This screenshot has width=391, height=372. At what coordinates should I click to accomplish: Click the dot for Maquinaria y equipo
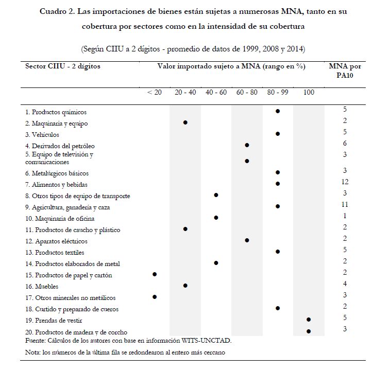tap(185, 122)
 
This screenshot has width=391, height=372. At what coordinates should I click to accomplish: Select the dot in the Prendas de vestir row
tap(309, 320)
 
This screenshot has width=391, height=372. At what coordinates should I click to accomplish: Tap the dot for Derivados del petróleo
tap(247, 146)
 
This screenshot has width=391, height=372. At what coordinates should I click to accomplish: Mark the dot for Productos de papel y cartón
tap(154, 275)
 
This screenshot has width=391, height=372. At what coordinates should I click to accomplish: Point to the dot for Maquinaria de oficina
tap(216, 218)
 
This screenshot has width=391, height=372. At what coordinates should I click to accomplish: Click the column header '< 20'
tap(154, 92)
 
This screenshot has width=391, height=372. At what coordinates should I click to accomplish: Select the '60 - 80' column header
tap(247, 92)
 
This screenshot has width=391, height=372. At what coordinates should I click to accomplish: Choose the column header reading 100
tap(309, 92)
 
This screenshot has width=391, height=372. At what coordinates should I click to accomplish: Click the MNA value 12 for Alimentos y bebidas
tap(345, 182)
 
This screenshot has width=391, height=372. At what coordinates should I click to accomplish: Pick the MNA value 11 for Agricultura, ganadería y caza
tap(345, 204)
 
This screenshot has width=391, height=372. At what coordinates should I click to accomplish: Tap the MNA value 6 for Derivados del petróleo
tap(345, 144)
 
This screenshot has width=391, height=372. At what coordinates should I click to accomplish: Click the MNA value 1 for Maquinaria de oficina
tap(345, 216)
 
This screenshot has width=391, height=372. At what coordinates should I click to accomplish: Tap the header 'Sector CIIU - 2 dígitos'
tap(63, 66)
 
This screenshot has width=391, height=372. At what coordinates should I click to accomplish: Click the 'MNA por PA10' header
tap(344, 70)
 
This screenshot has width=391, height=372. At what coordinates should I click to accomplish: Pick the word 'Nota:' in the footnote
tap(33, 352)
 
